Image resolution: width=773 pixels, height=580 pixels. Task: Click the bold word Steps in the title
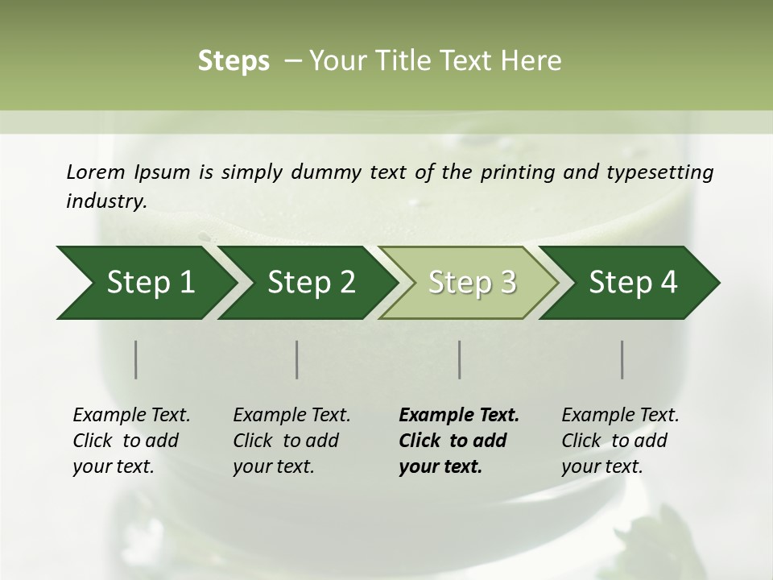(x=234, y=61)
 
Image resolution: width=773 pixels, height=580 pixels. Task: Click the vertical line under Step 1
(x=136, y=359)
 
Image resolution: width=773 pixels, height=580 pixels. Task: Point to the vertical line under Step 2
(x=297, y=359)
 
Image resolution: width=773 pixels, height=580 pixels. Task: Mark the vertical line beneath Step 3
(x=459, y=359)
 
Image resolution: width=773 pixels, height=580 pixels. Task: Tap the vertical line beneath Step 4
(x=622, y=359)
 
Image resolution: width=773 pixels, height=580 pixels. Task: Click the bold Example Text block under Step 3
(x=459, y=441)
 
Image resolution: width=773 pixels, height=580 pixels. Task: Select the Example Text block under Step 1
(x=131, y=441)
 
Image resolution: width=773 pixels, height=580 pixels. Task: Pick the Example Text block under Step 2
(x=291, y=441)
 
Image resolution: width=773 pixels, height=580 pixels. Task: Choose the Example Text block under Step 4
(x=620, y=441)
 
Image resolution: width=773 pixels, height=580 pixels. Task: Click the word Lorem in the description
(x=95, y=172)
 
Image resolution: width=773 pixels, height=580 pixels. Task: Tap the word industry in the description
(x=105, y=201)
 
